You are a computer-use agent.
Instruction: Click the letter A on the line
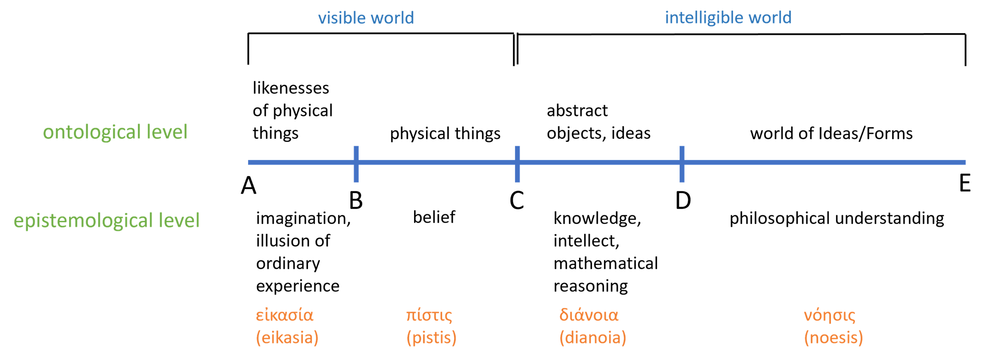pyautogui.click(x=249, y=186)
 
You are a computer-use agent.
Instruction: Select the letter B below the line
pyautogui.click(x=356, y=201)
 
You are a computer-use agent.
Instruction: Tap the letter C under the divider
pyautogui.click(x=517, y=201)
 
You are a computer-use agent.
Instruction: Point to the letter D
pyautogui.click(x=683, y=201)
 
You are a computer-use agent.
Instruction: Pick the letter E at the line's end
pyautogui.click(x=965, y=183)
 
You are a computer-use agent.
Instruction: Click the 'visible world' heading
pyautogui.click(x=366, y=18)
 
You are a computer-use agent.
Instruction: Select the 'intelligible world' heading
pyautogui.click(x=728, y=18)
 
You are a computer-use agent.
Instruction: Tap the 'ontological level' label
pyautogui.click(x=115, y=132)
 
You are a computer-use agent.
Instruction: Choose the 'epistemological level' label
pyautogui.click(x=107, y=220)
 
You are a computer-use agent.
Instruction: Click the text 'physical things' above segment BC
pyautogui.click(x=445, y=134)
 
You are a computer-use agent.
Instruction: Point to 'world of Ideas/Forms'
pyautogui.click(x=831, y=134)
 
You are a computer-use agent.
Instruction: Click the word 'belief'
pyautogui.click(x=434, y=217)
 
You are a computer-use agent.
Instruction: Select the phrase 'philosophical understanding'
pyautogui.click(x=836, y=218)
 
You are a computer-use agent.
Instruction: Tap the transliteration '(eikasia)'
pyautogui.click(x=287, y=338)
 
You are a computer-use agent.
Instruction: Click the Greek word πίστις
pyautogui.click(x=429, y=315)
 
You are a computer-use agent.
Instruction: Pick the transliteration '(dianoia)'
pyautogui.click(x=593, y=338)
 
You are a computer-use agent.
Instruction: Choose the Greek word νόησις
pyautogui.click(x=829, y=315)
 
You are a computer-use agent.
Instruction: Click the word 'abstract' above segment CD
pyautogui.click(x=577, y=111)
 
